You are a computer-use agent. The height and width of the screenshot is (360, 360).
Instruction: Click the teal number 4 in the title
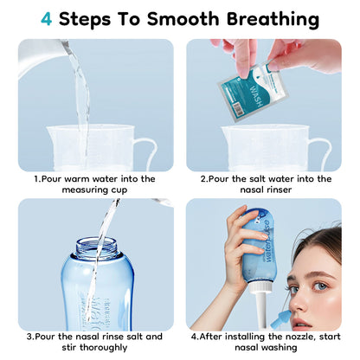(x=47, y=19)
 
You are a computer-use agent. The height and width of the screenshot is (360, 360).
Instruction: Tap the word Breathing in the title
(x=273, y=20)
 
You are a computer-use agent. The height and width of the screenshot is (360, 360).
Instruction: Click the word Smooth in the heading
(x=183, y=19)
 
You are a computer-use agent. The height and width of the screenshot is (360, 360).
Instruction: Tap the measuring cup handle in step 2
(x=321, y=153)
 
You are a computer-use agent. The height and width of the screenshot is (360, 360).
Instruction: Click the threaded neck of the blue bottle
(x=98, y=247)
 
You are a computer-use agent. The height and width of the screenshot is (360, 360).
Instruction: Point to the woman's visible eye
(x=319, y=286)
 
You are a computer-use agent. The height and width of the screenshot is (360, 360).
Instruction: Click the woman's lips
(x=300, y=323)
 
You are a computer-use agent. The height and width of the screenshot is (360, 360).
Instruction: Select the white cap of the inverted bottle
(x=260, y=286)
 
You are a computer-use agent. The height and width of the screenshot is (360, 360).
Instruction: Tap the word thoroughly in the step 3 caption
(x=103, y=347)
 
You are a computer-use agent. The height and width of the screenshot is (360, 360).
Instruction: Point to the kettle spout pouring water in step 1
(x=64, y=46)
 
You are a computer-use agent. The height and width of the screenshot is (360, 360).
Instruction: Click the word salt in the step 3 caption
(x=134, y=337)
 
